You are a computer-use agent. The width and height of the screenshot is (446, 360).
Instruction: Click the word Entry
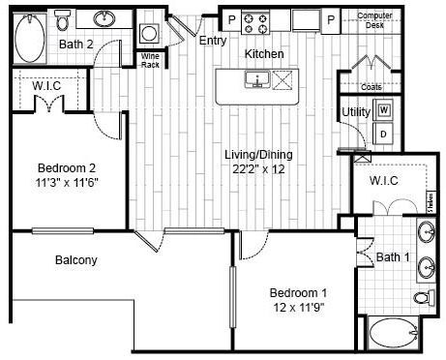pyautogui.click(x=211, y=41)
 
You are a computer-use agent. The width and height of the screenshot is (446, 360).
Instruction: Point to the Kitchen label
pyautogui.click(x=263, y=54)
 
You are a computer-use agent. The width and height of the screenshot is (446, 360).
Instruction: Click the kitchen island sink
pyautogui.click(x=257, y=80)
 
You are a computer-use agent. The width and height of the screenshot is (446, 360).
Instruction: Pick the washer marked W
pyautogui.click(x=384, y=111)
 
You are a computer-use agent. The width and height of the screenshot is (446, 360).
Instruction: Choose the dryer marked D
pyautogui.click(x=384, y=133)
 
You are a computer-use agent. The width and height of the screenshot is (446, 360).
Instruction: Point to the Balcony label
pyautogui.click(x=75, y=259)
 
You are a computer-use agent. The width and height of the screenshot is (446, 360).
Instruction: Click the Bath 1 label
pyautogui.click(x=391, y=256)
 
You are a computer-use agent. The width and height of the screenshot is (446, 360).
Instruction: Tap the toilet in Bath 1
pyautogui.click(x=421, y=296)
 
